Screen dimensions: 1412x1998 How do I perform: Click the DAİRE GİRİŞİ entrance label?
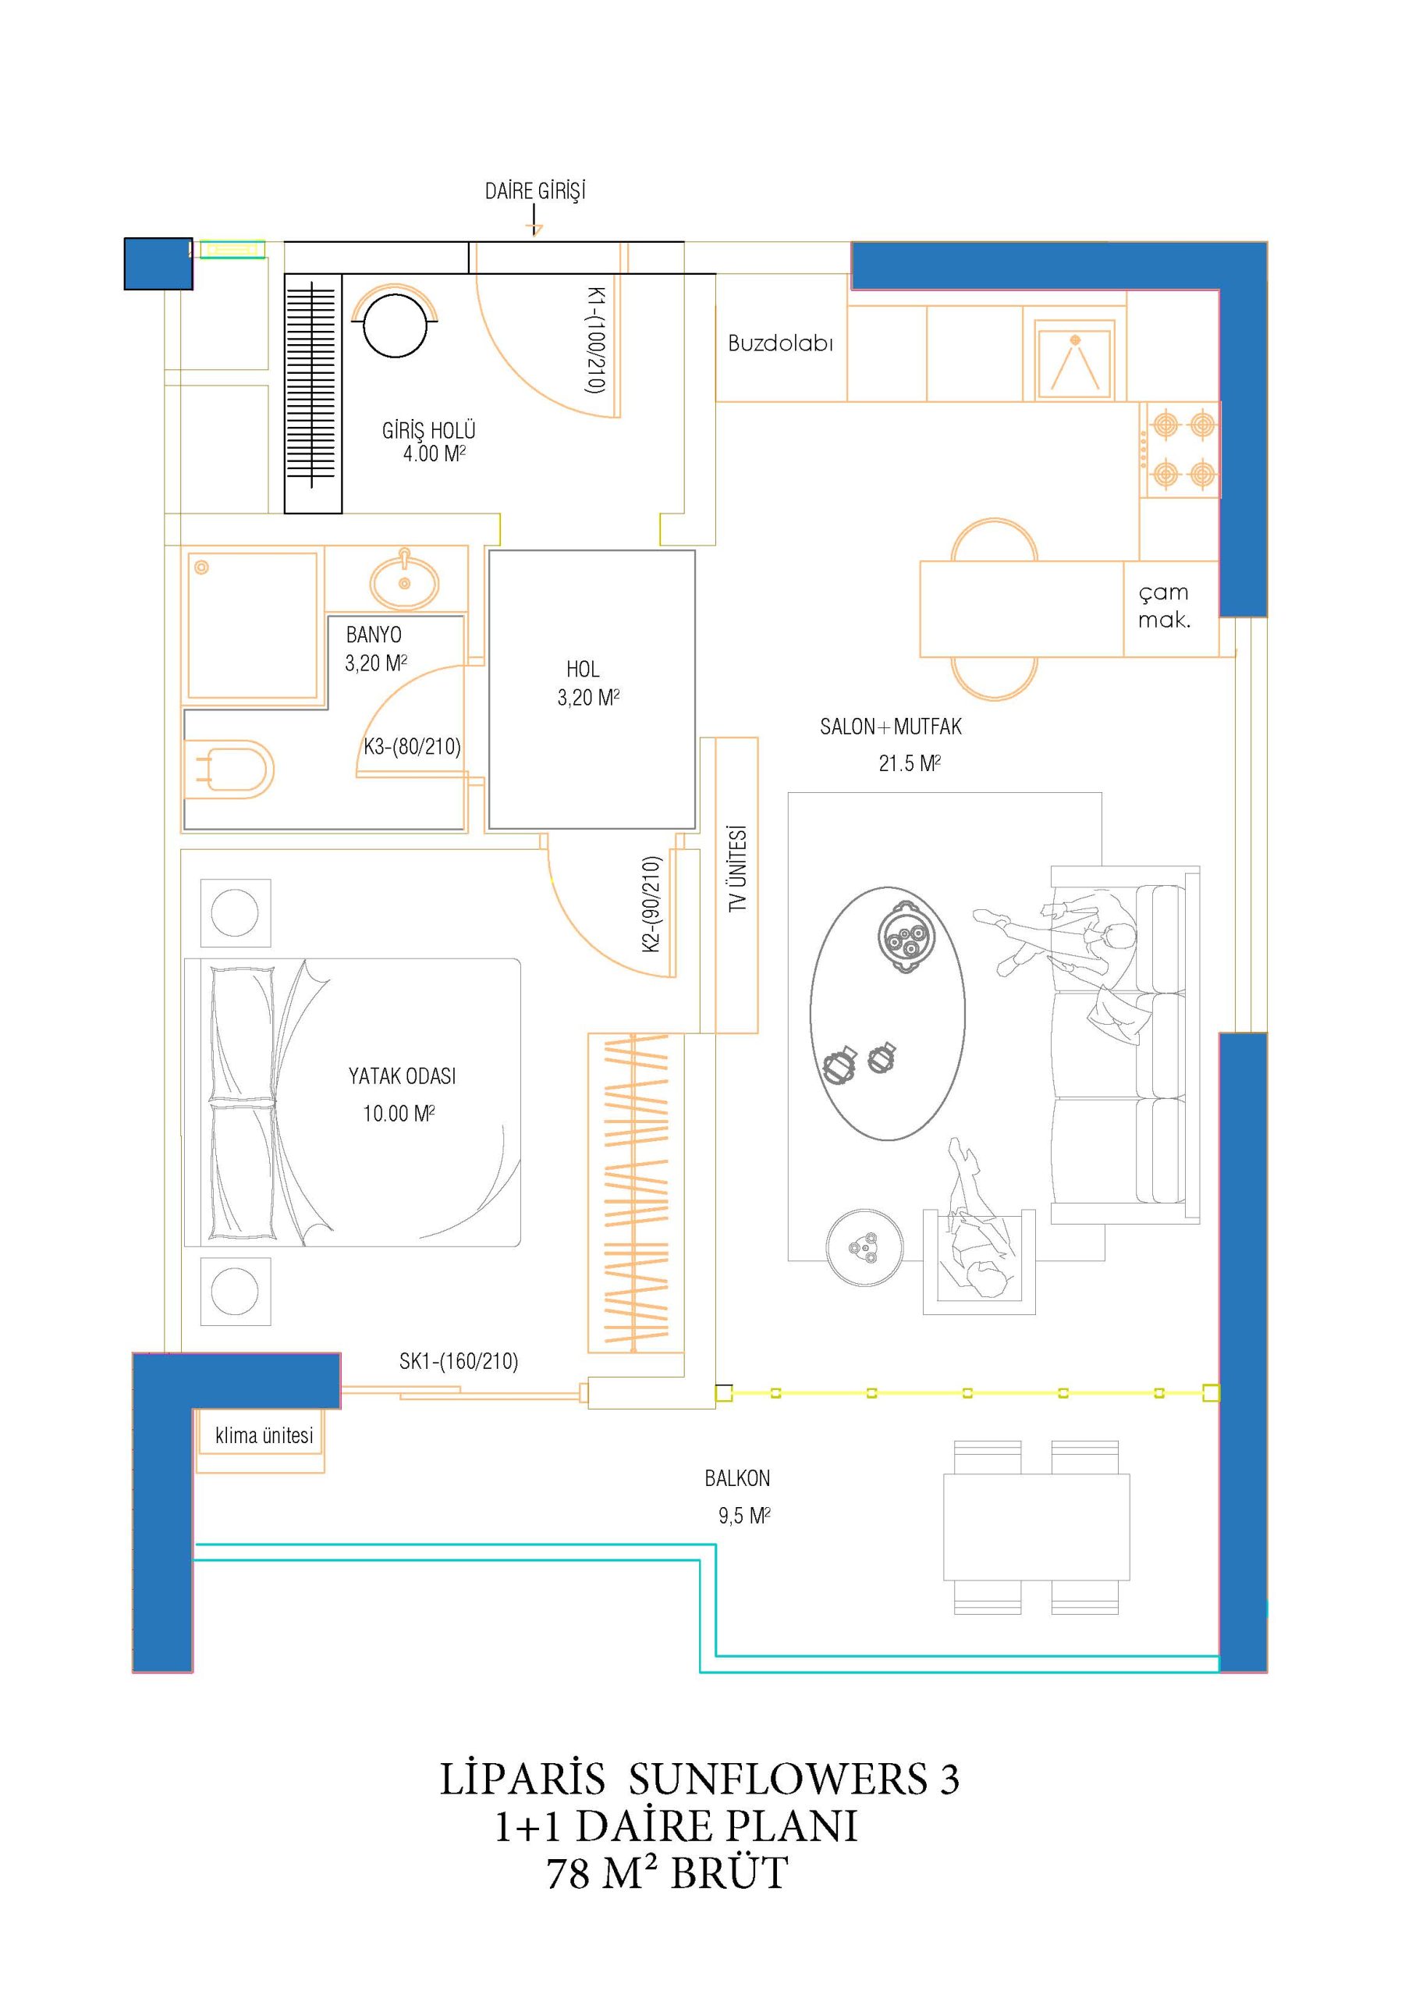pos(535,190)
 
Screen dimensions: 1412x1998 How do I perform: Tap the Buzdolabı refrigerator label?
pos(780,343)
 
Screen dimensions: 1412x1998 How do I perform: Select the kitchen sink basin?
pos(1074,359)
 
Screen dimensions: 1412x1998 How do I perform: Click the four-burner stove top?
pos(1180,450)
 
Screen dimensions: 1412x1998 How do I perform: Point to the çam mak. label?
pos(1164,606)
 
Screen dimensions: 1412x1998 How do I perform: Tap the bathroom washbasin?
pos(405,580)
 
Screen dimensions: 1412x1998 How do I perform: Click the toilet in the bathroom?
pos(229,770)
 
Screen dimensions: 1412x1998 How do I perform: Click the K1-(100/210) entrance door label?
pos(596,340)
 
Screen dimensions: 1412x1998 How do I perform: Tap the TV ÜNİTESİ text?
pos(738,869)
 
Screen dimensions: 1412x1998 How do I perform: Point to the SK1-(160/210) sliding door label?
pos(459,1361)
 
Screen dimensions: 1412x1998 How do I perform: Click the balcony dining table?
pos(1036,1527)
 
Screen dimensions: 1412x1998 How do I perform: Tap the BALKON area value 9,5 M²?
pos(744,1516)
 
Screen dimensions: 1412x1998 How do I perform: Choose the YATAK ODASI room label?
pos(402,1076)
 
